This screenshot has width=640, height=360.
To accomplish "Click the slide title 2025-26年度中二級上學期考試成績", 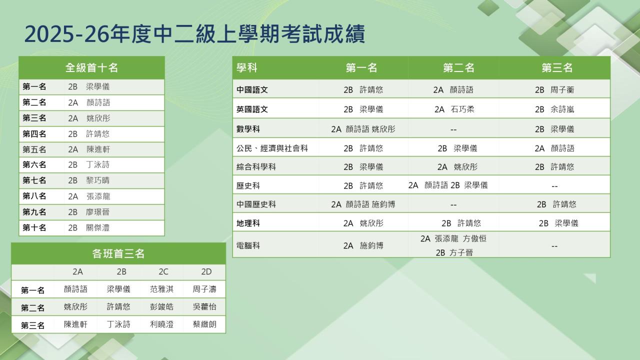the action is click(194, 34).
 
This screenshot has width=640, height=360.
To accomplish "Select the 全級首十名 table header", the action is click(91, 67).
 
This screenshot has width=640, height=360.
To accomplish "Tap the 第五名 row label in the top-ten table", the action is click(34, 149).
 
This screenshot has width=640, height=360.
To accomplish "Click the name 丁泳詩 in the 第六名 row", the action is click(97, 164).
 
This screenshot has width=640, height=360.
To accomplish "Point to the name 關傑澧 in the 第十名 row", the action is click(97, 227).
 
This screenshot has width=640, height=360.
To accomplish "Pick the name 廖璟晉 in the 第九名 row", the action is click(97, 212).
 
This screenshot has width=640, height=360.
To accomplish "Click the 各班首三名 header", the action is click(118, 253).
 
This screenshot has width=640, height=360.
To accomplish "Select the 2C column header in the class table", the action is click(163, 271).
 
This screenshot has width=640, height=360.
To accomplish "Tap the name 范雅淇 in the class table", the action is click(161, 289).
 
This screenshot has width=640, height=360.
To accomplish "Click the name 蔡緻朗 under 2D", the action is click(204, 324).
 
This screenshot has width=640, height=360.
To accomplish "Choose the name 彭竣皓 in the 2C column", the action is click(161, 306).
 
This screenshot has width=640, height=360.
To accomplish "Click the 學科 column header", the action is click(247, 67).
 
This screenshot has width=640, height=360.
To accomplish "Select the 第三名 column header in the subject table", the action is click(557, 67).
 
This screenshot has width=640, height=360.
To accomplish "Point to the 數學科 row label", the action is click(248, 129).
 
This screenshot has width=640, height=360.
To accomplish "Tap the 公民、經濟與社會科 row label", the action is click(272, 148).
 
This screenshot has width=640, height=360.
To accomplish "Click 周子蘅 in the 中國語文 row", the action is click(562, 90).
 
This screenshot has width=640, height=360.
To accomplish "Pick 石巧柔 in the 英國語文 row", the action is click(462, 109).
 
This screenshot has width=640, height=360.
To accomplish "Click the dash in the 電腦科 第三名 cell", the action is click(554, 246).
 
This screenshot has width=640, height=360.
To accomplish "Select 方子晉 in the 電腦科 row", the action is click(461, 252).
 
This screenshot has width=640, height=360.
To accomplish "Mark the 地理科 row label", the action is click(248, 223).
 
